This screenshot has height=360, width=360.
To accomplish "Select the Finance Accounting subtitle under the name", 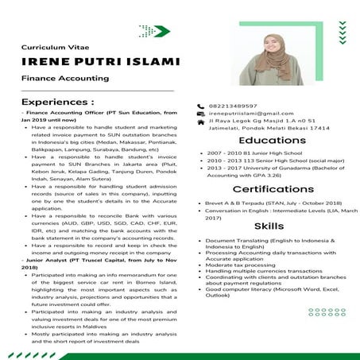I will click(64, 79).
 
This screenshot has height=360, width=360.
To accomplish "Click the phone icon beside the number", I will click(200, 106).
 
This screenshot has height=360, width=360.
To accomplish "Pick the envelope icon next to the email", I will click(200, 115).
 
